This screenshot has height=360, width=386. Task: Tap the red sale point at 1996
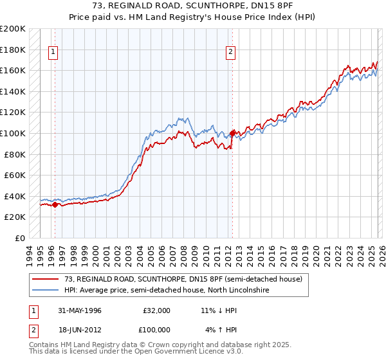(x=55, y=205)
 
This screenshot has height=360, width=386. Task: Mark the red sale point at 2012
(x=232, y=134)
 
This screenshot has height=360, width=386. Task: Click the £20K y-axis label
(x=15, y=217)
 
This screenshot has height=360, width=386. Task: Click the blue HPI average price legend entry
(x=166, y=291)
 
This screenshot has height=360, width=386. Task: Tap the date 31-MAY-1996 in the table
(x=80, y=310)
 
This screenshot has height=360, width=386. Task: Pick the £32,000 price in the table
(x=157, y=310)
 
